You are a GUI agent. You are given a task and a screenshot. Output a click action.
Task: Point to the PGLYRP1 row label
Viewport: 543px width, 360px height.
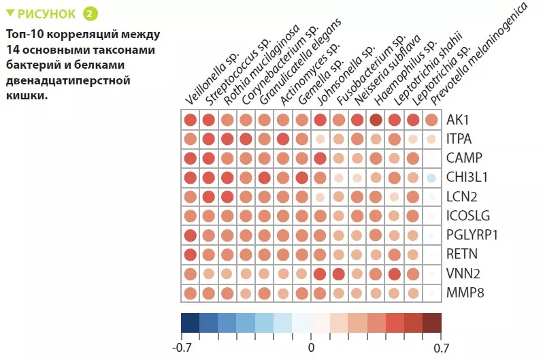tap(472, 235)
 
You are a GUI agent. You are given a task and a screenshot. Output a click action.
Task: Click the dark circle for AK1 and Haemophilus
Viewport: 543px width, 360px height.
tap(376, 120)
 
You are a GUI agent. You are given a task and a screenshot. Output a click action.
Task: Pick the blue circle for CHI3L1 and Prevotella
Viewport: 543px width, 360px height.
tap(431, 178)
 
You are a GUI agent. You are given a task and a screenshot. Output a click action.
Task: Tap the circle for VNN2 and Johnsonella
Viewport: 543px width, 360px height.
tap(320, 274)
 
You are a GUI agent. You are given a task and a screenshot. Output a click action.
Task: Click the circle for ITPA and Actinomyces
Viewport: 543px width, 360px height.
tap(283, 140)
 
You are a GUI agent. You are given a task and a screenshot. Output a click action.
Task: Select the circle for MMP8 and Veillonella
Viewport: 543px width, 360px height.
tap(191, 294)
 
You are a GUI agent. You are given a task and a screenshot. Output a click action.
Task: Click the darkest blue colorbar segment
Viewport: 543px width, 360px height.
tap(191, 323)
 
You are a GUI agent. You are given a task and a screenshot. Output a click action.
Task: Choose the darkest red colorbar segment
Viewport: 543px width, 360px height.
tap(431, 323)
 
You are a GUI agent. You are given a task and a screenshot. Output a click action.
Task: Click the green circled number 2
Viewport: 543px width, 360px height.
tap(89, 14)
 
